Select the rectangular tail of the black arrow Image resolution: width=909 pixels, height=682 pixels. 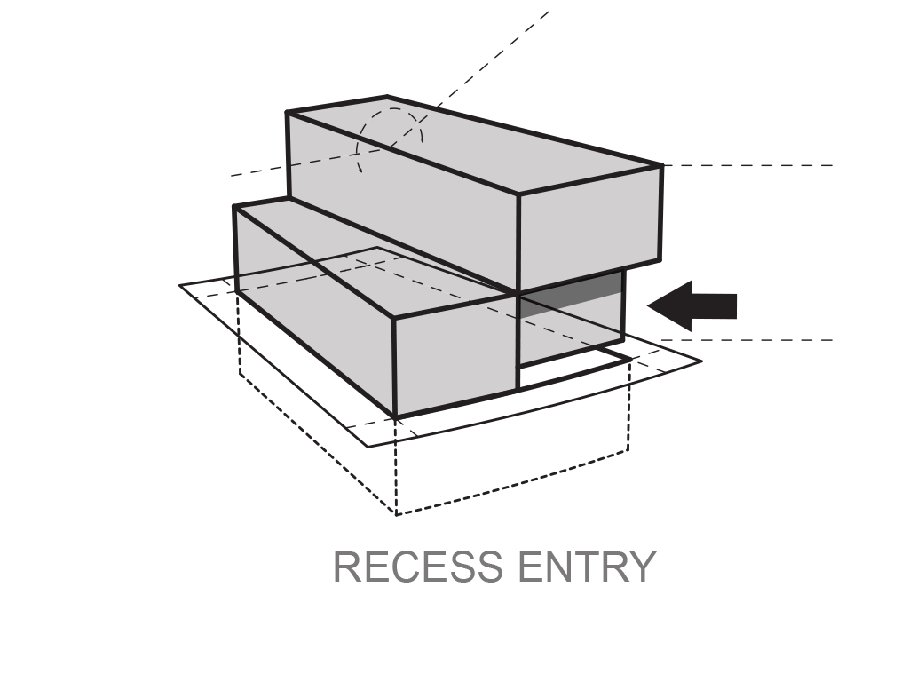coord(715,306)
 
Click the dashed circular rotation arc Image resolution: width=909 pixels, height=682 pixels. coord(390,133)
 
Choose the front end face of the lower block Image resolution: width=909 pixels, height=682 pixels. coord(455,355)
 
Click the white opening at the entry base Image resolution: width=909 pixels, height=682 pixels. coord(568,371)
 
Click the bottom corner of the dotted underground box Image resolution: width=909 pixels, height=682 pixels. coord(396,514)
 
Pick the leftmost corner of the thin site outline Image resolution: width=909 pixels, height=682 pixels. coord(180,285)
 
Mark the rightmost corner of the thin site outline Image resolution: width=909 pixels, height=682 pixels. coord(701,361)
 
